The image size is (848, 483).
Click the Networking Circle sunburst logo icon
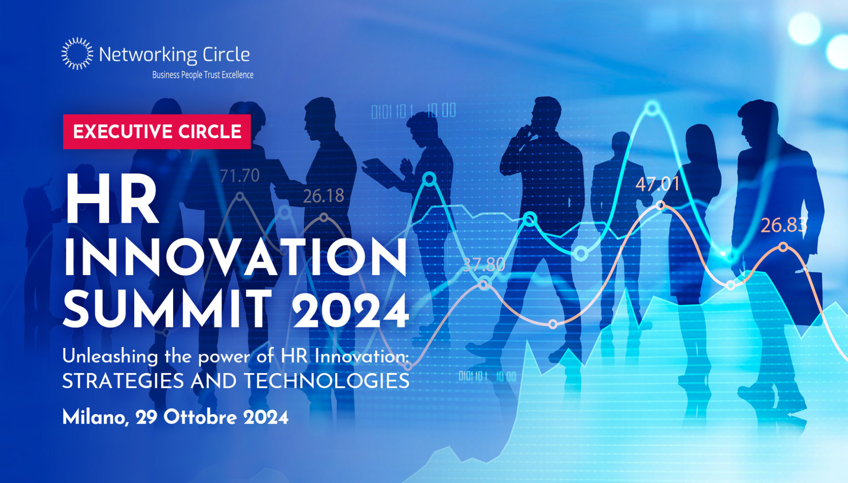coord(77,54)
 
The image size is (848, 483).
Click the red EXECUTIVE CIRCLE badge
coord(157,131)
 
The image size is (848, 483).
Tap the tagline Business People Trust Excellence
coord(203,75)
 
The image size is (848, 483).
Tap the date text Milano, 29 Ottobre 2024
coord(175,417)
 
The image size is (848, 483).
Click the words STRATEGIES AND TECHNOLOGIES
coord(236,381)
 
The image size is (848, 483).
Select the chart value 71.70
coord(240,176)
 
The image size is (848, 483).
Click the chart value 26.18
coord(324,196)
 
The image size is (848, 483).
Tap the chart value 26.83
coord(783,225)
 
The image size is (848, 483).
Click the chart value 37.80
coord(484,265)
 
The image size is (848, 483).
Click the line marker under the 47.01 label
coord(661,206)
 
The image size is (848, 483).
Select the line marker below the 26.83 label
coord(783,247)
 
